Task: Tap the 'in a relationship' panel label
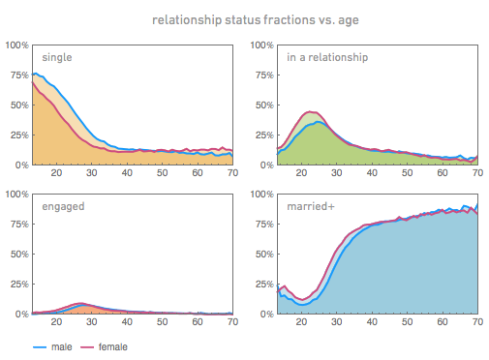[327, 57]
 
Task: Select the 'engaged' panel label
[62, 207]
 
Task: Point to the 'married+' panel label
[313, 207]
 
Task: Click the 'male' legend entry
[59, 345]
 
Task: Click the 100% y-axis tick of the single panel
[16, 45]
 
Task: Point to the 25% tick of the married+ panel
[263, 285]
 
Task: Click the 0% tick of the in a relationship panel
[265, 165]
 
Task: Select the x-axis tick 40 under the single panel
[126, 174]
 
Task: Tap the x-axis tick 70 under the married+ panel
[476, 323]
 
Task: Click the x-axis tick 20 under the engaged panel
[55, 323]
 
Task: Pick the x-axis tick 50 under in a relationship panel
[407, 174]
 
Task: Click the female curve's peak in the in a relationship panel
[311, 112]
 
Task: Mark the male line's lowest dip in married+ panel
[302, 305]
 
